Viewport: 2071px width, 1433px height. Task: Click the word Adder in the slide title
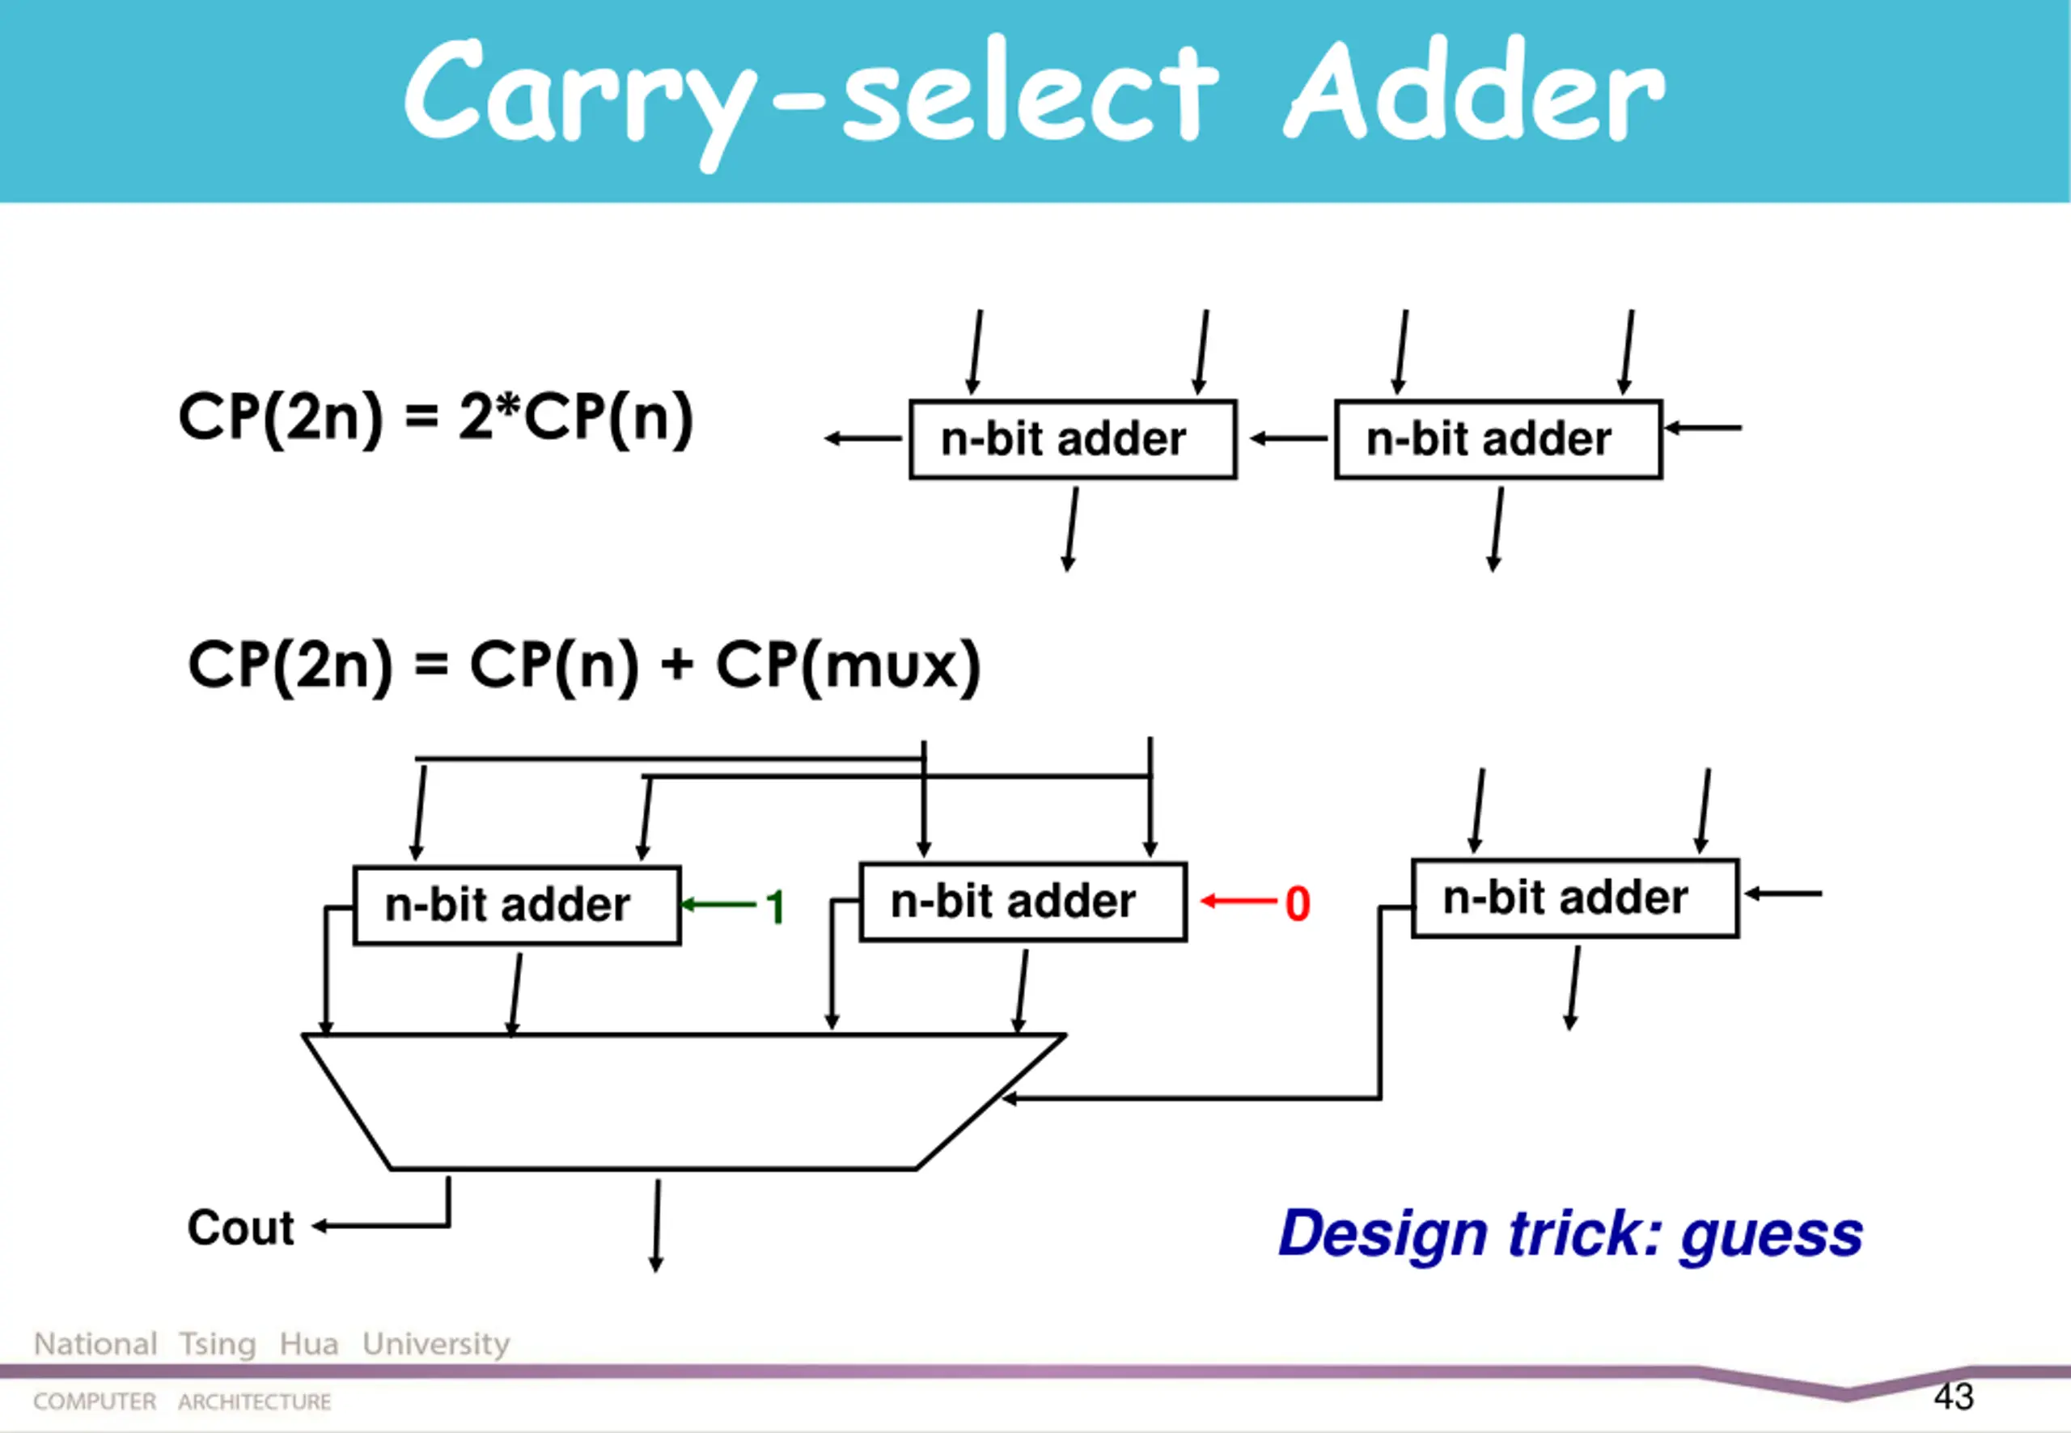pyautogui.click(x=1475, y=91)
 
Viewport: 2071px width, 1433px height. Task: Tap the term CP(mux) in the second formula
pyautogui.click(x=848, y=666)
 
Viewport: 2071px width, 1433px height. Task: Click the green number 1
pyautogui.click(x=775, y=907)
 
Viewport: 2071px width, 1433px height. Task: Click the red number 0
pyautogui.click(x=1297, y=903)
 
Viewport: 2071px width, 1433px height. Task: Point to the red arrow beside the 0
pyautogui.click(x=1239, y=901)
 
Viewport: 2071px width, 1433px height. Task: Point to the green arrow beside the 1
pyautogui.click(x=719, y=904)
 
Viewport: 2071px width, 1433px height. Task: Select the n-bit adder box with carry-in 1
pyautogui.click(x=516, y=905)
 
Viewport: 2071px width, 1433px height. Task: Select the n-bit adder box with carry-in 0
pyautogui.click(x=1023, y=902)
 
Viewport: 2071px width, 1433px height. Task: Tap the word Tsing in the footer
pyautogui.click(x=218, y=1344)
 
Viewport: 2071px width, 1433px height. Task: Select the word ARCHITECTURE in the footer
pyautogui.click(x=254, y=1401)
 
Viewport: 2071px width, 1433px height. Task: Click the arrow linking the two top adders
pyautogui.click(x=1287, y=438)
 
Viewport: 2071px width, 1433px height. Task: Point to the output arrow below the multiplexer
pyautogui.click(x=657, y=1226)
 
